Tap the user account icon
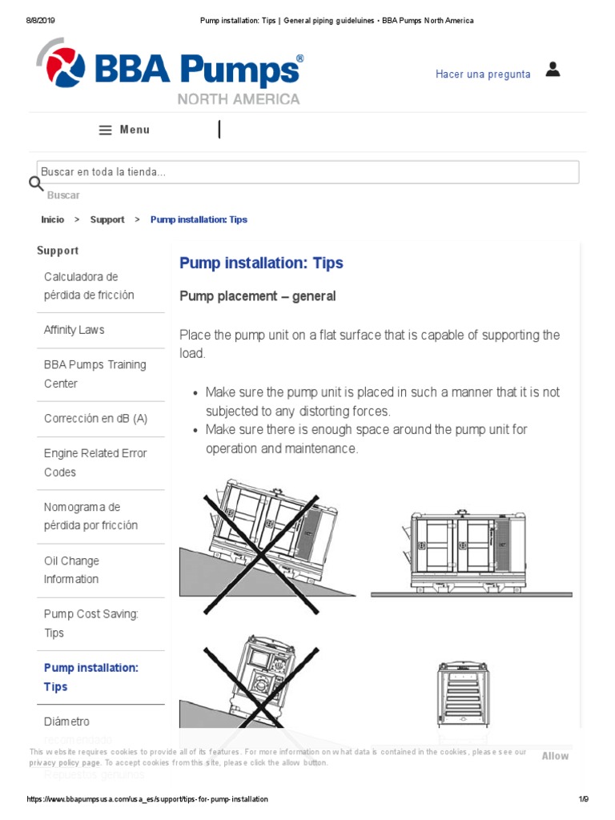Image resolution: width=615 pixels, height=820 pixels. click(553, 70)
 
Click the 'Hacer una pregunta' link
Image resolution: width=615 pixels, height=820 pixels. click(483, 74)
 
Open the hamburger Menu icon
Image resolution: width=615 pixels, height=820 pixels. click(105, 131)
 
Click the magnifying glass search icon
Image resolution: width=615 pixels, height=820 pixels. click(36, 183)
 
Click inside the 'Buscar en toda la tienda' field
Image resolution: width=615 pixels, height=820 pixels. click(308, 172)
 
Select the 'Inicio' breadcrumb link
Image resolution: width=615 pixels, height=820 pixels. click(53, 219)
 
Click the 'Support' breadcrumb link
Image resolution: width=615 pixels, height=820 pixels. click(107, 219)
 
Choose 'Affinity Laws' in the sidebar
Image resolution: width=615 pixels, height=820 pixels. click(74, 330)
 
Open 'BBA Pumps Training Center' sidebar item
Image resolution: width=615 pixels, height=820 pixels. click(94, 374)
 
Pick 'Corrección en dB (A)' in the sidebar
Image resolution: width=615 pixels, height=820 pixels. click(95, 419)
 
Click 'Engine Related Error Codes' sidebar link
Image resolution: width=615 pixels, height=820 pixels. click(94, 463)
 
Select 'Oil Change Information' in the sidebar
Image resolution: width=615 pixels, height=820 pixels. click(72, 570)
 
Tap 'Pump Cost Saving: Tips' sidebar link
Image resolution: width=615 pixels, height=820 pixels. click(91, 623)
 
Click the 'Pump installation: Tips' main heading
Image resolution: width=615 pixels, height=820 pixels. click(261, 263)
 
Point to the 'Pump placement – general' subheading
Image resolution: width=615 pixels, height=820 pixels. click(257, 296)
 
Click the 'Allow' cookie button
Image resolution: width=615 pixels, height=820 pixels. click(555, 756)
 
